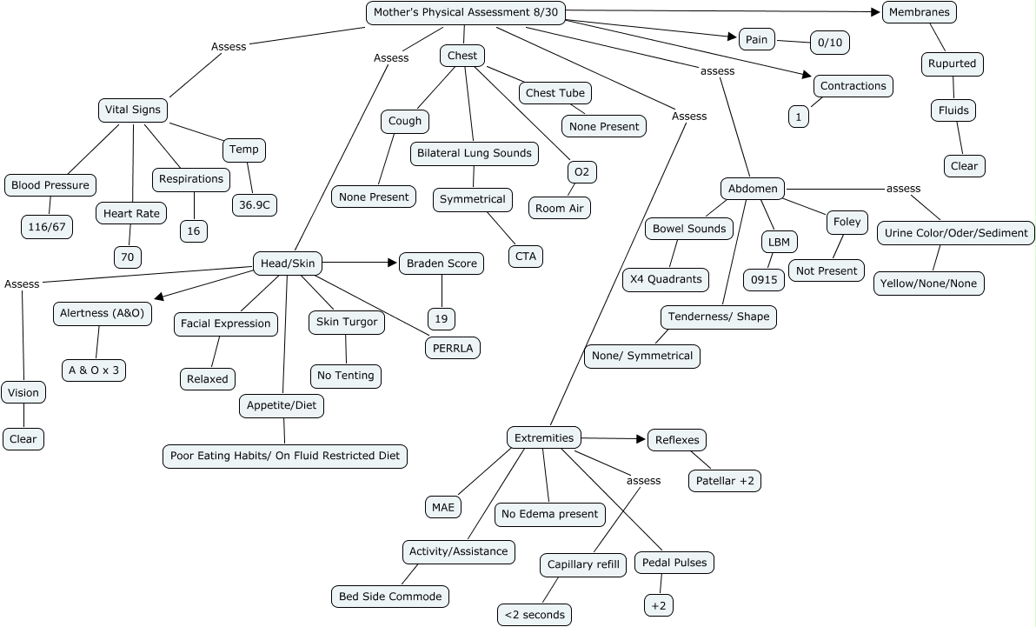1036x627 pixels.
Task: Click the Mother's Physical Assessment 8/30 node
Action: point(466,12)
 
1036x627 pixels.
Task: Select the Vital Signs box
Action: point(133,110)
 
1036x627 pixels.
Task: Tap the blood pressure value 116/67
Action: point(47,227)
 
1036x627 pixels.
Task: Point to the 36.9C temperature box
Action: point(255,205)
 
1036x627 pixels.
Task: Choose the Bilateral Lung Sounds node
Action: point(475,153)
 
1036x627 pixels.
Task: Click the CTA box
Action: point(526,257)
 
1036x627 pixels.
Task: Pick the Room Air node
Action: point(560,209)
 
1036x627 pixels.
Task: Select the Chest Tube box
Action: point(555,93)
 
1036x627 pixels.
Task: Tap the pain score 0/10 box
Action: point(830,43)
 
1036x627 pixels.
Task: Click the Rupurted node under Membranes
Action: point(952,64)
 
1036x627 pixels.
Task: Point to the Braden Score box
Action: point(442,263)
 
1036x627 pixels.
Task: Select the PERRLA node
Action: point(453,348)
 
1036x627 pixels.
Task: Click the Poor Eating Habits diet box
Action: point(285,456)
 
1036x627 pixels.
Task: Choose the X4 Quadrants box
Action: point(666,279)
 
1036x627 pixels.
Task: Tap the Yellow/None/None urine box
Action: point(928,283)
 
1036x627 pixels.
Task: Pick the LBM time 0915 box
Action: point(764,280)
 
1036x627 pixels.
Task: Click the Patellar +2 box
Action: point(725,481)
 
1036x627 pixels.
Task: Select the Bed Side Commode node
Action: point(390,597)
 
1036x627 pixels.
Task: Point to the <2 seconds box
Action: point(535,615)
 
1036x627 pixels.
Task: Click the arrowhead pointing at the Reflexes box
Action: point(641,439)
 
